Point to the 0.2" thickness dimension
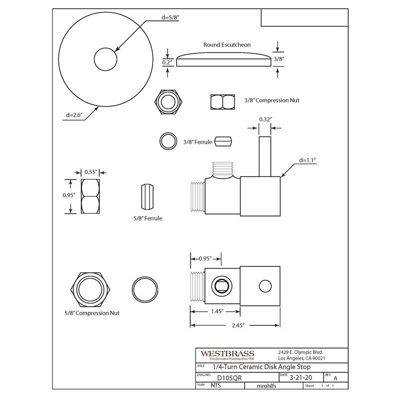pos(167,63)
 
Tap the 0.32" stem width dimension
pos(265,119)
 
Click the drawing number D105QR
pos(223,378)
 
